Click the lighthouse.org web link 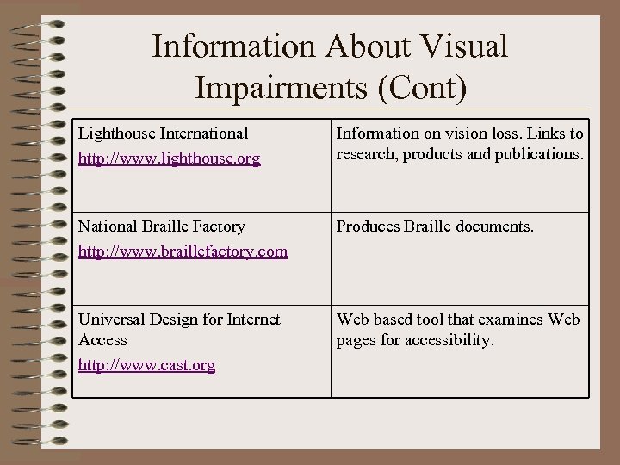(170, 160)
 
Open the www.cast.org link (146, 365)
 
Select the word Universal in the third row (113, 319)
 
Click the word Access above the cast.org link (102, 340)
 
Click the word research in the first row (364, 154)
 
